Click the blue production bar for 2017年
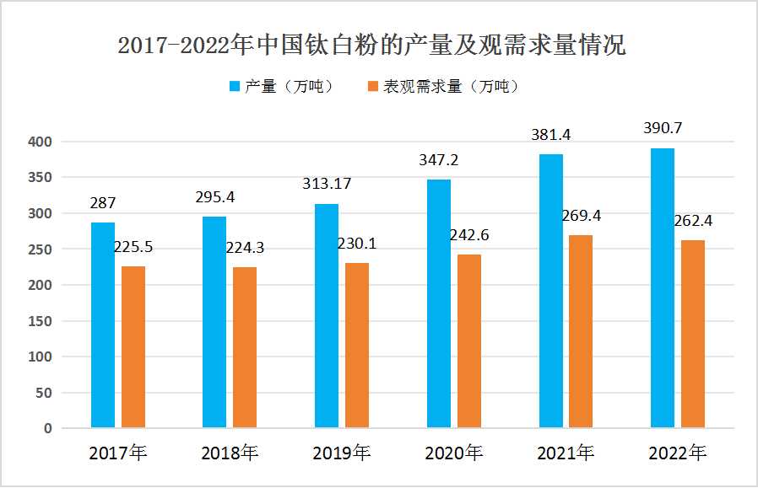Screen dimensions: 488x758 tap(103, 325)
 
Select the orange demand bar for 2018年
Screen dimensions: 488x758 tap(245, 347)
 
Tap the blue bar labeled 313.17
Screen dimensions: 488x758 tap(327, 316)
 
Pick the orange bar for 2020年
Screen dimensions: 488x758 tap(469, 341)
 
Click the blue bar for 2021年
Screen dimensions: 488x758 tap(551, 291)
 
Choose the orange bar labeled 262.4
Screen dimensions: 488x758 tap(693, 334)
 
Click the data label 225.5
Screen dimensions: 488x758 tap(135, 248)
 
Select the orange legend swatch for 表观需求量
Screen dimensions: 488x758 tap(372, 86)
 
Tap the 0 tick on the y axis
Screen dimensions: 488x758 tap(47, 428)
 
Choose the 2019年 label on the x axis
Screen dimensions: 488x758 tap(341, 453)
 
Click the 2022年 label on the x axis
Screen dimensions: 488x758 tap(677, 453)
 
